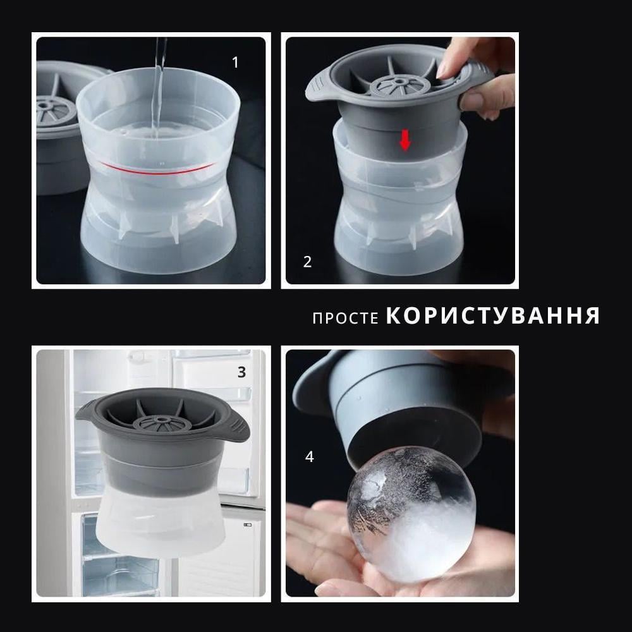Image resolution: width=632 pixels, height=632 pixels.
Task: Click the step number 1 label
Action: (236, 63)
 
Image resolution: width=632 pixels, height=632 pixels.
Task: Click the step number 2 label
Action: (307, 262)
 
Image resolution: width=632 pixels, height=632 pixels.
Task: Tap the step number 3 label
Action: (241, 372)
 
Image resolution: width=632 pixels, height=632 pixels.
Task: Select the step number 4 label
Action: (309, 457)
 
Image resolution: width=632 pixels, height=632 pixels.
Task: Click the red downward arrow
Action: (405, 142)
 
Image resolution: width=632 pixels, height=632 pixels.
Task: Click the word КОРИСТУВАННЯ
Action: (492, 316)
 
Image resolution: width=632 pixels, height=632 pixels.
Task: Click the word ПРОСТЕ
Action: (346, 318)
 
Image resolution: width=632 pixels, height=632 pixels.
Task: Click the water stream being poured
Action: (159, 88)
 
